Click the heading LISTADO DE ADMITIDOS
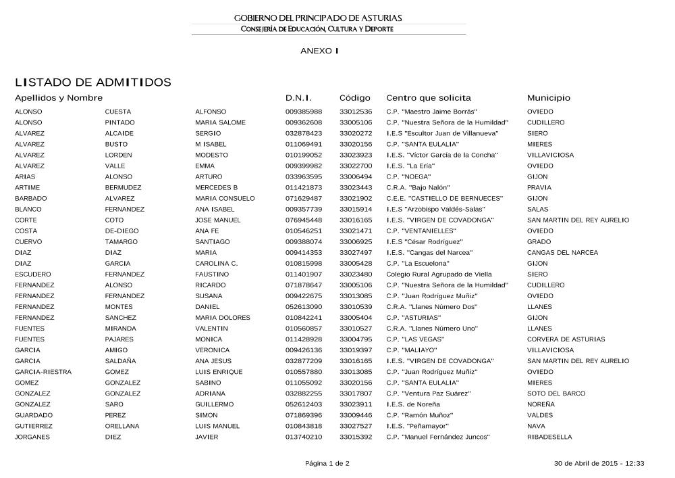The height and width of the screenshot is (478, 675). [x=93, y=82]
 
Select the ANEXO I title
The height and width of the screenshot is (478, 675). [x=319, y=51]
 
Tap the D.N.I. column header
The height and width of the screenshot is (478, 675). [x=298, y=98]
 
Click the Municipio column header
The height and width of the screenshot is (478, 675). [x=548, y=98]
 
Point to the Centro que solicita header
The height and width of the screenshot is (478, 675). [x=428, y=98]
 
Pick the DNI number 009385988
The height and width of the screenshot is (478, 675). [x=304, y=112]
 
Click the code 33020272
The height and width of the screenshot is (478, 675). [x=356, y=133]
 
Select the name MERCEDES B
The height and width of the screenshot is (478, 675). [x=216, y=187]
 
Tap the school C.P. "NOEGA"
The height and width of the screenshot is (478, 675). [x=408, y=176]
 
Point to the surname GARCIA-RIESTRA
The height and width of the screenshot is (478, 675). [x=43, y=372]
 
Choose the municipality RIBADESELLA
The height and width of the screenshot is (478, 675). [x=549, y=437]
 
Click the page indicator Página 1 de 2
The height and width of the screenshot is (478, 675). [x=327, y=464]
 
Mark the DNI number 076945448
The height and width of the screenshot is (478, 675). [x=304, y=220]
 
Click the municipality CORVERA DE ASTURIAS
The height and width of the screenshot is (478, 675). [x=562, y=339]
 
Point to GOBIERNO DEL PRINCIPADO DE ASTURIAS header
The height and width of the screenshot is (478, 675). [x=327, y=18]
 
